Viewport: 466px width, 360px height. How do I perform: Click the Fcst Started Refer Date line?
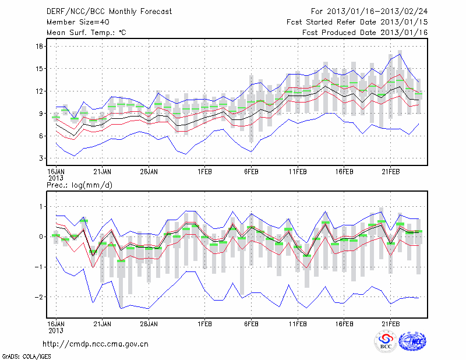pos(357,22)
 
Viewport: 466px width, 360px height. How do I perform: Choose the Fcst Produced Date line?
pos(365,33)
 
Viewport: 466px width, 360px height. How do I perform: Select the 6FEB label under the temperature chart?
pos(251,172)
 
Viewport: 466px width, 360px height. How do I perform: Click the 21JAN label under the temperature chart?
pos(103,172)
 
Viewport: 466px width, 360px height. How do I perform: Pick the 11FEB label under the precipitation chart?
pos(298,323)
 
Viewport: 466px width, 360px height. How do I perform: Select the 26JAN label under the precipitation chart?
pos(149,323)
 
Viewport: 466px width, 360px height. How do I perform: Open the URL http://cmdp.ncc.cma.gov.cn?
pos(96,344)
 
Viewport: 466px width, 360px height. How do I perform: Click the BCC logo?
pos(386,342)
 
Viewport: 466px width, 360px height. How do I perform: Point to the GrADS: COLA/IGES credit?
pos(26,355)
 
